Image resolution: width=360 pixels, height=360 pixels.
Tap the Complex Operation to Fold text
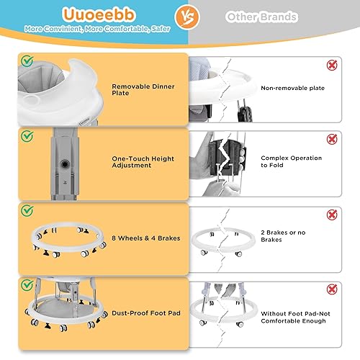(291, 161)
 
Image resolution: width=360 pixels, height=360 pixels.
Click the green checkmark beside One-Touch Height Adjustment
(27, 135)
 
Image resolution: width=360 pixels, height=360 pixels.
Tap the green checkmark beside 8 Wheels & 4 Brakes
(27, 211)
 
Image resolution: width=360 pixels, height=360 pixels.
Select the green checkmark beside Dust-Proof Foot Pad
(27, 285)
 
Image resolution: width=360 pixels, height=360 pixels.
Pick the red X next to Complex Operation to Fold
(333, 139)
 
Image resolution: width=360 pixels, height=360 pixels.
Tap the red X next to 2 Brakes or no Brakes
(333, 215)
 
